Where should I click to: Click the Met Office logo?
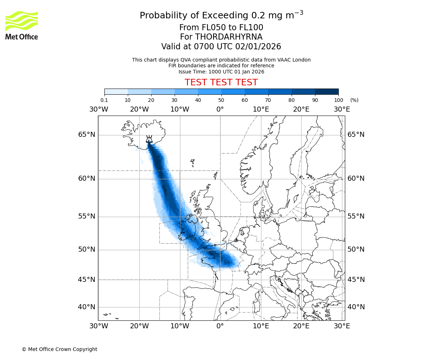(x=22, y=25)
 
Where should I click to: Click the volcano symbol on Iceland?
(x=149, y=139)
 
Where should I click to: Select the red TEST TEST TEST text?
(x=221, y=82)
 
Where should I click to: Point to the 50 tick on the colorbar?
(x=221, y=100)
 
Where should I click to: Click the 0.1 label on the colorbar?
(x=104, y=100)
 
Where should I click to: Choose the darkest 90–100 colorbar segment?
(x=327, y=91)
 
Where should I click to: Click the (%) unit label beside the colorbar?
(x=354, y=100)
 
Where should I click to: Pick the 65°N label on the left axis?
(x=87, y=135)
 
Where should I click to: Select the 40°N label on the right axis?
(x=356, y=307)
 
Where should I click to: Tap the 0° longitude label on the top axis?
(x=220, y=109)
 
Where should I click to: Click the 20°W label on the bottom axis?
(x=139, y=326)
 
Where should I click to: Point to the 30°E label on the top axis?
(x=342, y=109)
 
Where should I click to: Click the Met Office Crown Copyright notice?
(x=59, y=349)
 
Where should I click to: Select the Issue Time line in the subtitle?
(x=221, y=72)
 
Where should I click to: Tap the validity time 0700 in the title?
(x=204, y=47)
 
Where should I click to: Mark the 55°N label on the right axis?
(x=356, y=216)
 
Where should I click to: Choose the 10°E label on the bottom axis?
(x=261, y=326)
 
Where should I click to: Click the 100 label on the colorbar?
(x=338, y=100)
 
